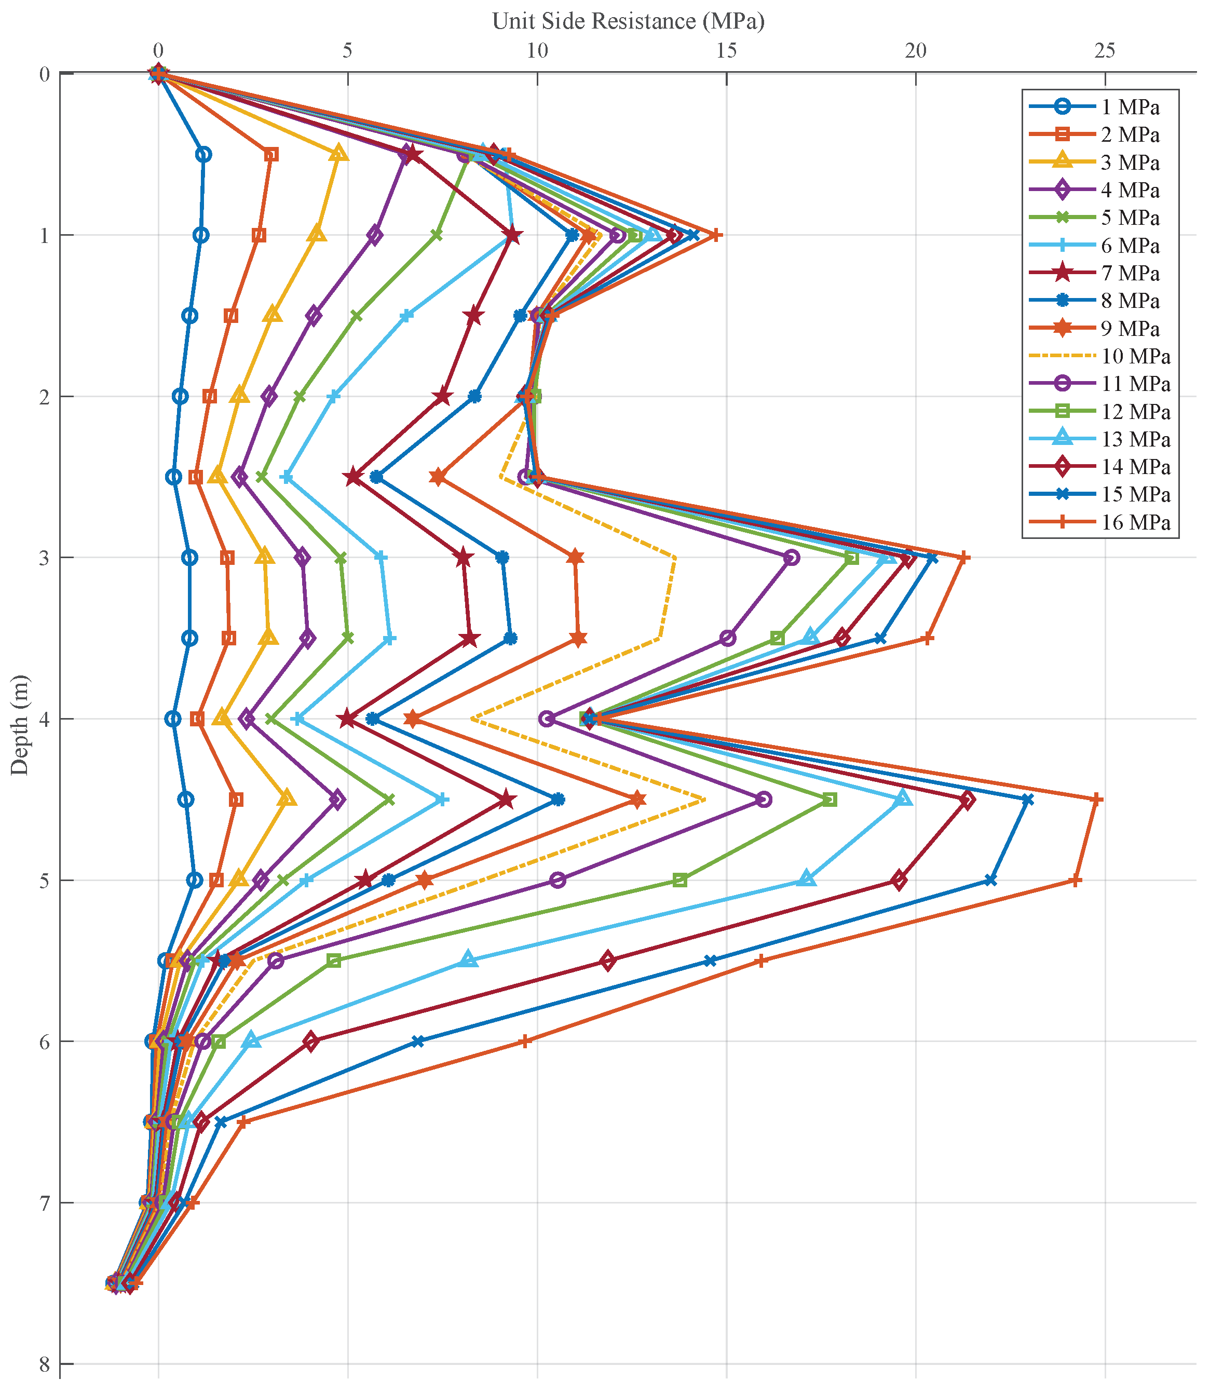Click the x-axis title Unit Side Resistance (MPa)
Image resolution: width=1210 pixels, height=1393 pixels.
point(628,21)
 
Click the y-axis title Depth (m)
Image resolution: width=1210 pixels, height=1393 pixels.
point(20,724)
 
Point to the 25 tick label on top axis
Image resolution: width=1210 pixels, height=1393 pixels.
point(1105,51)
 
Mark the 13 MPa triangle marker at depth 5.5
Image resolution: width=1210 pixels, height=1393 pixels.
point(469,960)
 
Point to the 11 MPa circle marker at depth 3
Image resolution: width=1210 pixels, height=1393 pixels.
point(792,558)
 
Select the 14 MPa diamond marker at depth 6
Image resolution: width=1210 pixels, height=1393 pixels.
point(310,1041)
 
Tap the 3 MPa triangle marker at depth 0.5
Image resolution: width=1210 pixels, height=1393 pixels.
point(339,154)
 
